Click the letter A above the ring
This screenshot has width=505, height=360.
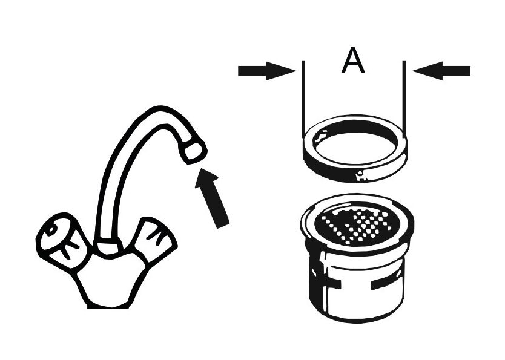tap(353, 62)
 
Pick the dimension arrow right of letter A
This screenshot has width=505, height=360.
tap(442, 71)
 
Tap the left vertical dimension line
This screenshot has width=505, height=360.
tap(302, 97)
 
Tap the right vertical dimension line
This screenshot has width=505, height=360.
tap(404, 97)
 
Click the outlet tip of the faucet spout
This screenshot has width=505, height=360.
tap(193, 151)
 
